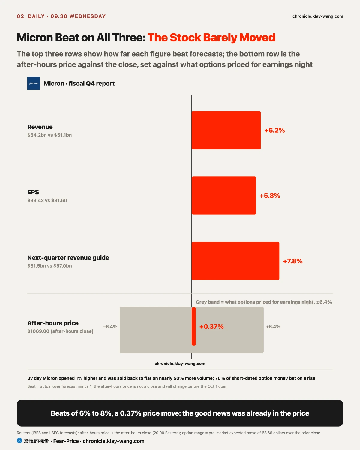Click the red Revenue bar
[226, 130]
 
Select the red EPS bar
[224, 196]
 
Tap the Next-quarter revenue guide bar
[235, 261]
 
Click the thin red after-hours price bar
[194, 326]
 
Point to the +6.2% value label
[274, 130]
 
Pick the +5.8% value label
[270, 196]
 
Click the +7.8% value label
[292, 261]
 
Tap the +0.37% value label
[211, 327]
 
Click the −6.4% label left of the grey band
[110, 327]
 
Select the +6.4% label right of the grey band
[273, 327]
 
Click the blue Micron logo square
[34, 83]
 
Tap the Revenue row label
[40, 127]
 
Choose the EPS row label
[33, 192]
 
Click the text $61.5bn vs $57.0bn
[49, 266]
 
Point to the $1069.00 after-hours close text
[60, 331]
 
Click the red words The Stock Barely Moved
[211, 37]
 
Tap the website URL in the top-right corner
[318, 16]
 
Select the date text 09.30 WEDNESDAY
[78, 16]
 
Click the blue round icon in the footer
[19, 440]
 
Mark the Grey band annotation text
[264, 302]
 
